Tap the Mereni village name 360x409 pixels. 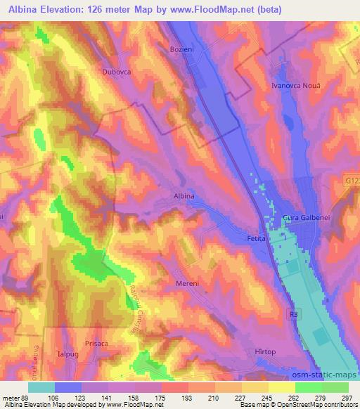pyautogui.click(x=188, y=283)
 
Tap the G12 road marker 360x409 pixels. pyautogui.click(x=352, y=181)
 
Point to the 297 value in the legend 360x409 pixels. pyautogui.click(x=347, y=396)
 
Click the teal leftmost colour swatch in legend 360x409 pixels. pyautogui.click(x=41, y=387)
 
